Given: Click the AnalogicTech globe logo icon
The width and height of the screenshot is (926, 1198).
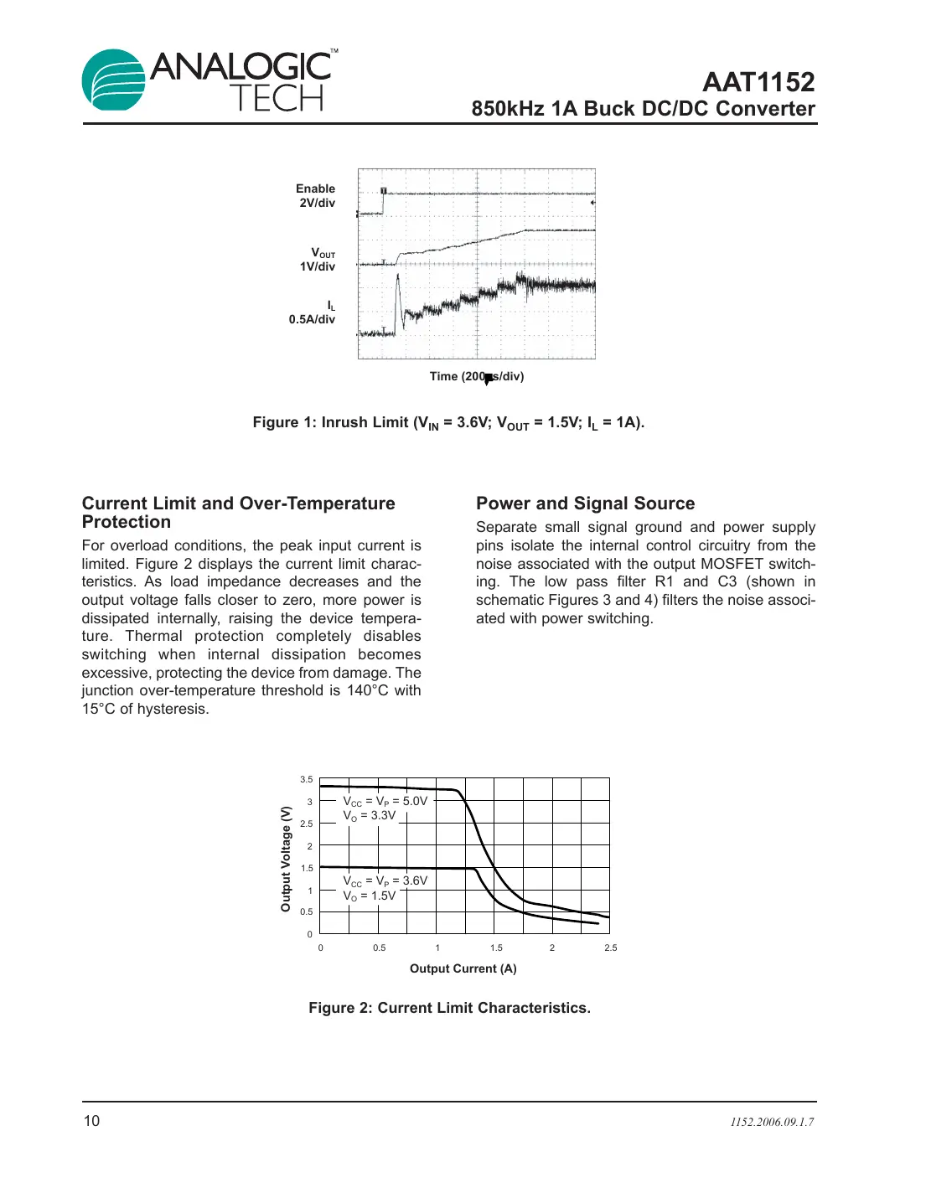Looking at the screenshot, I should pyautogui.click(x=114, y=80).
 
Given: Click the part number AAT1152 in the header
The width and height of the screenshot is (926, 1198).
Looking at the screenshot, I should pyautogui.click(x=758, y=82).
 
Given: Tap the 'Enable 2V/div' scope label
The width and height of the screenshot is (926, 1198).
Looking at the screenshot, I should pyautogui.click(x=316, y=196).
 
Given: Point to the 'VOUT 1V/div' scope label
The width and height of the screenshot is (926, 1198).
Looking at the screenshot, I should pyautogui.click(x=319, y=260).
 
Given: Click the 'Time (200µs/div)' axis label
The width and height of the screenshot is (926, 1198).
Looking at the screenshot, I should pyautogui.click(x=476, y=377).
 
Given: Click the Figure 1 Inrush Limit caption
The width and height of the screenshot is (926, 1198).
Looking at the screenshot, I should pyautogui.click(x=448, y=423).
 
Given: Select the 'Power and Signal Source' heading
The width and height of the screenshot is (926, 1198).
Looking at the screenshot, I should pyautogui.click(x=585, y=503).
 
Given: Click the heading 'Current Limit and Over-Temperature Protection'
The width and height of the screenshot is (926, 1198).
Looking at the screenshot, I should pyautogui.click(x=238, y=513).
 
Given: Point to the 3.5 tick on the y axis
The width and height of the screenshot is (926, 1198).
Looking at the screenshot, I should pyautogui.click(x=307, y=780).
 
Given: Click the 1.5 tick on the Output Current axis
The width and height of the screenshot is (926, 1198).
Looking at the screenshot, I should pyautogui.click(x=496, y=948).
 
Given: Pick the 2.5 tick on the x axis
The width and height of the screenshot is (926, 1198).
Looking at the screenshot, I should pyautogui.click(x=610, y=948).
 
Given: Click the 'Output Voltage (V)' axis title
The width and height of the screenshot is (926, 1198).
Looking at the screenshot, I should pyautogui.click(x=286, y=859).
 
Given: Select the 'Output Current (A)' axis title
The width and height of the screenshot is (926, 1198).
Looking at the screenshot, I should pyautogui.click(x=463, y=969).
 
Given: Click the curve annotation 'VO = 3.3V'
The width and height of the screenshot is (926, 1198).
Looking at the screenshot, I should pyautogui.click(x=369, y=816).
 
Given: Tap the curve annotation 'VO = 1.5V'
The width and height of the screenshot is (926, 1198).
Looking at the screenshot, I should pyautogui.click(x=369, y=896).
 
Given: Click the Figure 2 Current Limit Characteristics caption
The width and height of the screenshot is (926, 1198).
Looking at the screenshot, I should pyautogui.click(x=449, y=1009).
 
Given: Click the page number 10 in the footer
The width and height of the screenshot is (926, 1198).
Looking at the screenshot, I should pyautogui.click(x=91, y=1122).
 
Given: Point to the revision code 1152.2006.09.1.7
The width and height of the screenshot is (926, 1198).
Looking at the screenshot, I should pyautogui.click(x=771, y=1123).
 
